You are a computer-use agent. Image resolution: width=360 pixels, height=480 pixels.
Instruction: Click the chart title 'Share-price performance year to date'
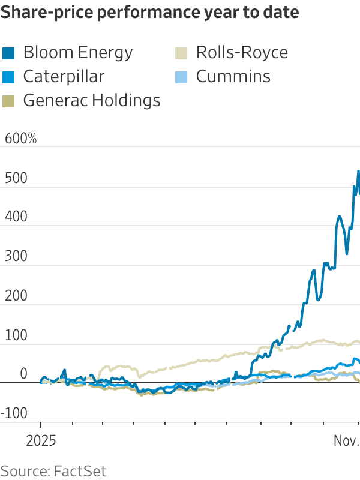(x=150, y=12)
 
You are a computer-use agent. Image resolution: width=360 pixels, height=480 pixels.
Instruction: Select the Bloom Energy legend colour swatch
(x=9, y=53)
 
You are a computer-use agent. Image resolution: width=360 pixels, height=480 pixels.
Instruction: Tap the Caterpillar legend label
(x=64, y=77)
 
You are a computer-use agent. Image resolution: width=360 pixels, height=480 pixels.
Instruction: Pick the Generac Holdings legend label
(x=92, y=100)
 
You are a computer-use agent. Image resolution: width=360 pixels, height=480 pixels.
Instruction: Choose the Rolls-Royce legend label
(x=242, y=53)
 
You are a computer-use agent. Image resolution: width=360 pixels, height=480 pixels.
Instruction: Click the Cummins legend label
(x=233, y=77)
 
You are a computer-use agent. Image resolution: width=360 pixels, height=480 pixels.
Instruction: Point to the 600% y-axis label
(x=21, y=139)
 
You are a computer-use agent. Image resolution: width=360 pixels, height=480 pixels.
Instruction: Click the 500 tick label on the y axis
(x=16, y=178)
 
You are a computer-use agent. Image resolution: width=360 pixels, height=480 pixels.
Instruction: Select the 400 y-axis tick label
(x=16, y=217)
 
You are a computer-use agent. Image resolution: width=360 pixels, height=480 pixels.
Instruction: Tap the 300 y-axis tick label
(x=16, y=256)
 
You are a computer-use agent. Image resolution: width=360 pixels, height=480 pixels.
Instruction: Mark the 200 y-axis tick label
(x=16, y=296)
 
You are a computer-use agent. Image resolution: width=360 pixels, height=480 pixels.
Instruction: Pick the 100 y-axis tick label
(x=16, y=335)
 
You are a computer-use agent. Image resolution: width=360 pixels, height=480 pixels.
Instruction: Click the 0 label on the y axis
(x=23, y=374)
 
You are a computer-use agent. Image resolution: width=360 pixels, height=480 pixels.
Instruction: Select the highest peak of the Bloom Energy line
(x=358, y=172)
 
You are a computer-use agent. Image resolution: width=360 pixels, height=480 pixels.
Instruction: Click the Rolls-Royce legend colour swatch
(x=182, y=53)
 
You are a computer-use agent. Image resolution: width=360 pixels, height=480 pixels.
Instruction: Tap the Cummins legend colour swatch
(x=182, y=77)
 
